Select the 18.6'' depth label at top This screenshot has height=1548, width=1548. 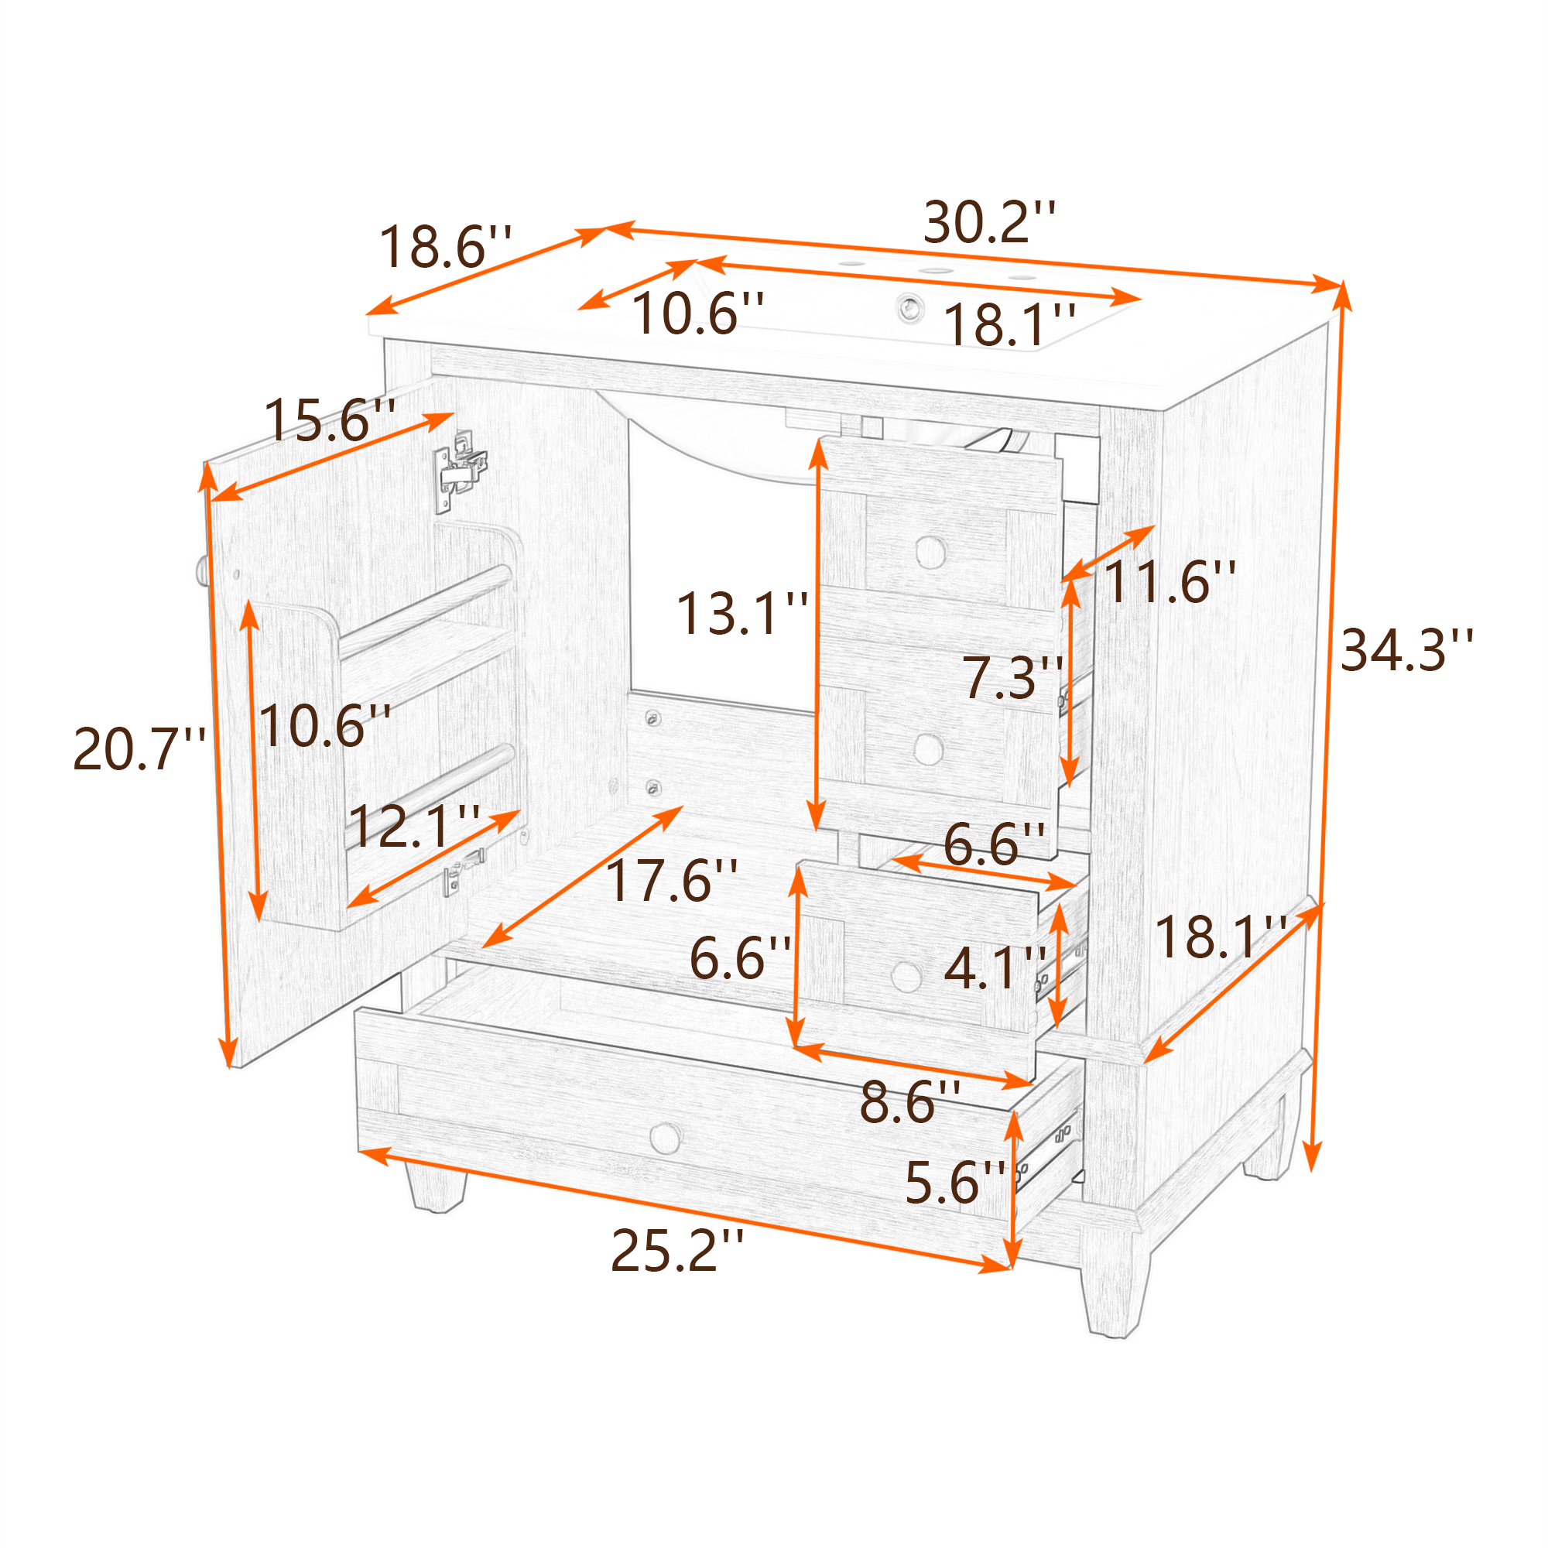(445, 247)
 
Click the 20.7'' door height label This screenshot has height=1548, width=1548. (139, 749)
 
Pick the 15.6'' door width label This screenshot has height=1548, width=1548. (329, 420)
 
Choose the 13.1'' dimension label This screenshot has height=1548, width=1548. (742, 614)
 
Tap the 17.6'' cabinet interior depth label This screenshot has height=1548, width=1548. (671, 880)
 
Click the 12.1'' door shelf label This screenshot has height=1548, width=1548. (414, 826)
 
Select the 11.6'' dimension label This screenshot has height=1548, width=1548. (1170, 582)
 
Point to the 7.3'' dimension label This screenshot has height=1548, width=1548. (1012, 677)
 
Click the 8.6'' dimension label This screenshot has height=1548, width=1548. (910, 1101)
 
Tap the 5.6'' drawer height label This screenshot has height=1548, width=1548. (955, 1183)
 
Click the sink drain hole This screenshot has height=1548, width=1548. (909, 308)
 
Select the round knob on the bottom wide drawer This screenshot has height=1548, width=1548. (665, 1138)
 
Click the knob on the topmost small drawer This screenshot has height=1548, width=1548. (930, 551)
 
